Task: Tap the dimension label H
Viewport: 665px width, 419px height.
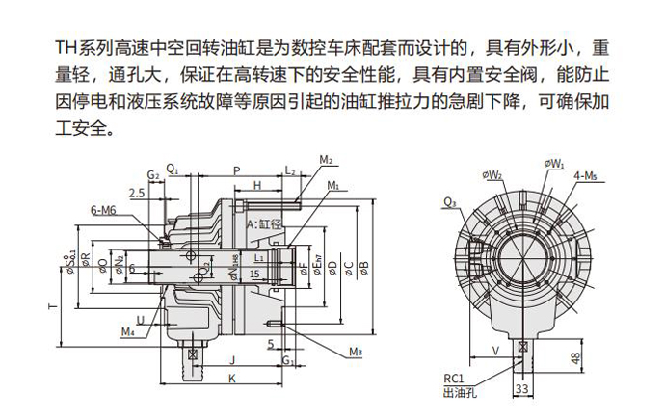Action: tap(257, 185)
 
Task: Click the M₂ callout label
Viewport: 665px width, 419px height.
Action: tap(326, 160)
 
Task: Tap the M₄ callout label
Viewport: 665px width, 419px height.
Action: tap(128, 332)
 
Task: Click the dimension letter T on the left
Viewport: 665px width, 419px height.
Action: tap(51, 305)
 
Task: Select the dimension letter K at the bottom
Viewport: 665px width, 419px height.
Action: tap(232, 380)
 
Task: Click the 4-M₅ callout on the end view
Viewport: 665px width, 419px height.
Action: tap(585, 174)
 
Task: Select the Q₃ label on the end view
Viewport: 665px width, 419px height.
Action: tap(449, 202)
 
